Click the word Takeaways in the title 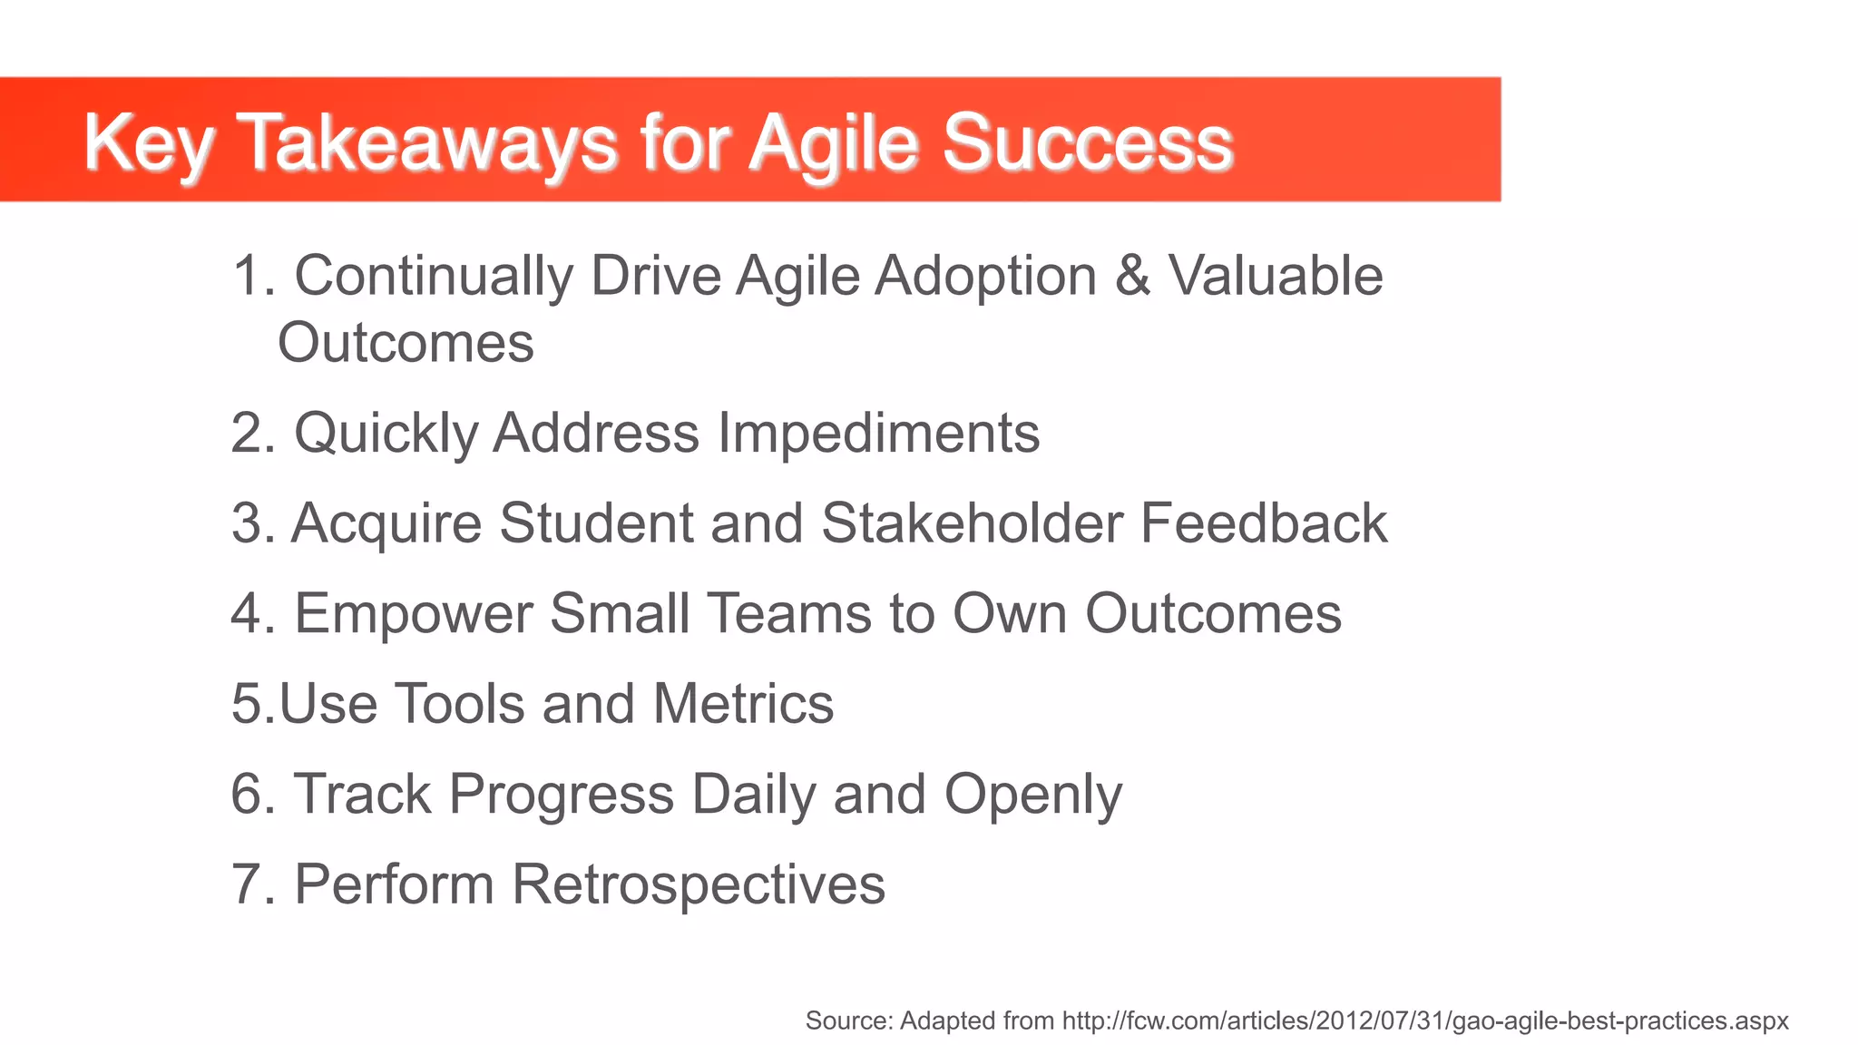(430, 143)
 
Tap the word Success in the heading (1087, 143)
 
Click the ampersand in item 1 (1132, 275)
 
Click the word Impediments (878, 433)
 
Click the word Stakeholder (972, 523)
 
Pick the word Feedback (1263, 523)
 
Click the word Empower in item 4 (414, 614)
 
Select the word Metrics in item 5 (742, 704)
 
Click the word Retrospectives (698, 884)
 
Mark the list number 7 (248, 884)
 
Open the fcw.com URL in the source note (1424, 1021)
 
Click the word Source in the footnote (848, 1021)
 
